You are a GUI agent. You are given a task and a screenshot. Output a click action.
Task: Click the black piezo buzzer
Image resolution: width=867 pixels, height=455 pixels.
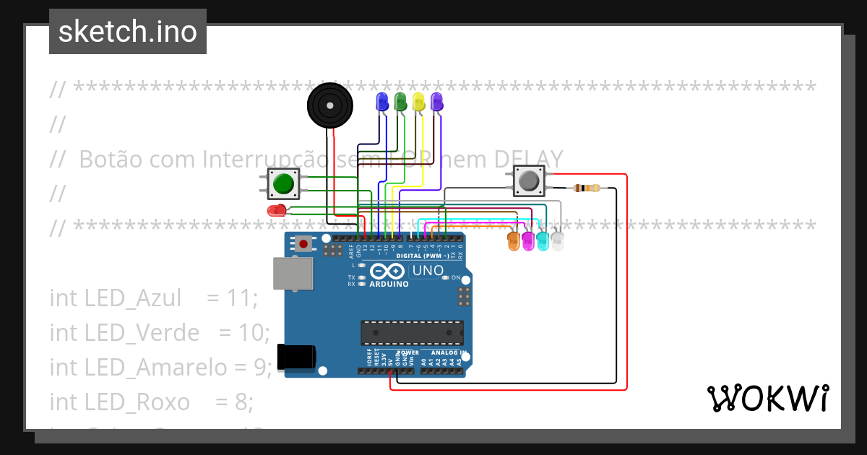[x=330, y=106]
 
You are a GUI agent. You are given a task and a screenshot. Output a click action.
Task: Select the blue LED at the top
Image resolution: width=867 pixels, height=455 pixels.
[x=381, y=102]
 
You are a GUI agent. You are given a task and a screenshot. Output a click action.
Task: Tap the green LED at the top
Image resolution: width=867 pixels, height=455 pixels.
[x=400, y=102]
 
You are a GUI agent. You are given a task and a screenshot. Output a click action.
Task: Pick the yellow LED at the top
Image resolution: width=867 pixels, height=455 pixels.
[x=418, y=102]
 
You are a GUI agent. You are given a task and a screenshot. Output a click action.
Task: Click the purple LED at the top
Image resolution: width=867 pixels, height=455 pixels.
[x=436, y=102]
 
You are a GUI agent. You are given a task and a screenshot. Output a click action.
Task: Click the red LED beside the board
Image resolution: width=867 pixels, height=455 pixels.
[x=276, y=210]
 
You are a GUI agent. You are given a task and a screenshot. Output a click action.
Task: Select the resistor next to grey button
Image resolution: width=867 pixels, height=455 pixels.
[x=586, y=188]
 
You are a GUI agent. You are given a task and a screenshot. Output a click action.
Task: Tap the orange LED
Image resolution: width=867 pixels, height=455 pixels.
[x=514, y=241]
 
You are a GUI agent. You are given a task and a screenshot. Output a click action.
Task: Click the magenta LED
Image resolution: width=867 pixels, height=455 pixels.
[x=528, y=241]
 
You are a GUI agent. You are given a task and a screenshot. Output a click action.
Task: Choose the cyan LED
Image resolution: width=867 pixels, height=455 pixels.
[x=543, y=241]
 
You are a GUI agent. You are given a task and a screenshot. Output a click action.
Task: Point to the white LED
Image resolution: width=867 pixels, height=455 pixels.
[x=557, y=241]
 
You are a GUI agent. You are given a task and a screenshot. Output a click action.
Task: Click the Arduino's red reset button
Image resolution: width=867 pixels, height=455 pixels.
[x=303, y=244]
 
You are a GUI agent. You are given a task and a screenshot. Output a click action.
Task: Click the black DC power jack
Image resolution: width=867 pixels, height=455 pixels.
[x=297, y=356]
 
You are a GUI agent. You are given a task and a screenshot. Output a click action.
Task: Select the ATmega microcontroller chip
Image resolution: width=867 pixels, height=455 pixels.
[x=412, y=333]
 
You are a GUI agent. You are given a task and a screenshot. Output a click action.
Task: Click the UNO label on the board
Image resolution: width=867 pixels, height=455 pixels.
[x=427, y=272]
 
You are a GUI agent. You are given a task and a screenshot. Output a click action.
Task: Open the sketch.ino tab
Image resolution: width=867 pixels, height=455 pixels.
[x=128, y=32]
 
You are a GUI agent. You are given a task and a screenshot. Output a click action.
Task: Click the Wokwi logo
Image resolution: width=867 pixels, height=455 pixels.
[x=767, y=398]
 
